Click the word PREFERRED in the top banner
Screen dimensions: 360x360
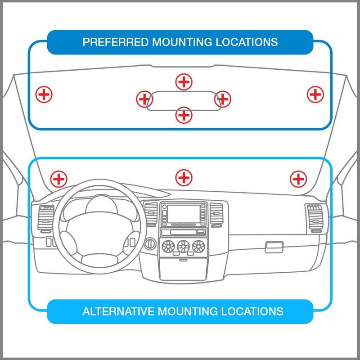tap(116, 42)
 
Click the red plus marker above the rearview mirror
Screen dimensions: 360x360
tap(184, 82)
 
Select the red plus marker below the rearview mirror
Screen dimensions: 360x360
tap(184, 115)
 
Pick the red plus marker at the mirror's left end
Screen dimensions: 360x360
tap(144, 99)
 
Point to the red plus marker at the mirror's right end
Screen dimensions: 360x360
tap(223, 99)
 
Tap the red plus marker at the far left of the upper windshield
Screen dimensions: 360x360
tap(44, 94)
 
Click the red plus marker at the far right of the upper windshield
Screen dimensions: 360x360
tap(315, 94)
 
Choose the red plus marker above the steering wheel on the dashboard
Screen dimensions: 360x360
tap(59, 179)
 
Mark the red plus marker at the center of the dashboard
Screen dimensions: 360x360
tap(184, 178)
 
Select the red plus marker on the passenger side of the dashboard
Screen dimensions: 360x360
tap(298, 179)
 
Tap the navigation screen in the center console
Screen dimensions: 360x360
tap(184, 214)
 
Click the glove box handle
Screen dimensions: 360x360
tap(274, 247)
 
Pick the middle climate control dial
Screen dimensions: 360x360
tap(184, 246)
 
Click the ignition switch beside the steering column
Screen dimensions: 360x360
tap(150, 243)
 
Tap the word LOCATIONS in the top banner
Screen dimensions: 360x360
tap(247, 42)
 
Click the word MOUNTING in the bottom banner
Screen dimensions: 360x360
tap(188, 311)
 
